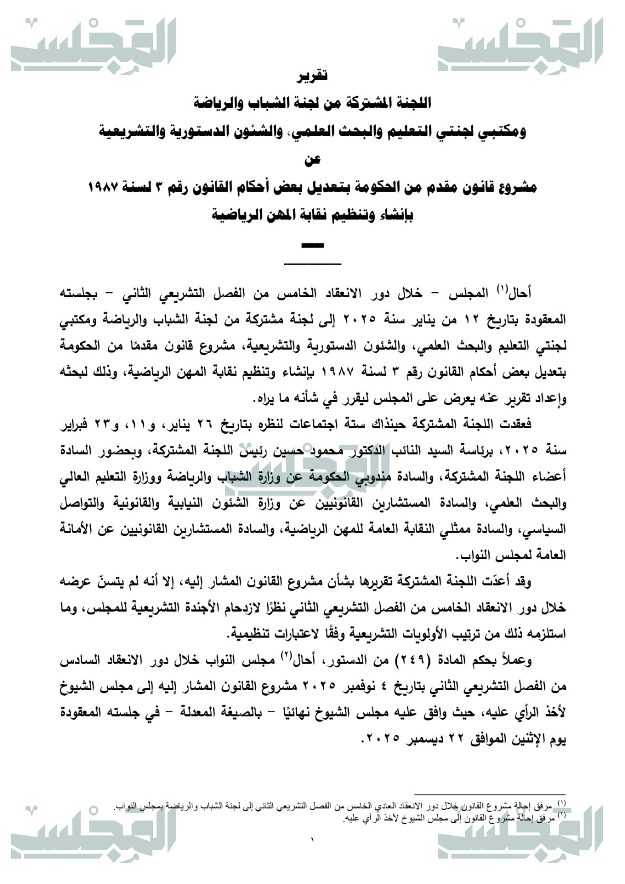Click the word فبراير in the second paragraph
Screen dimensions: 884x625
[74, 425]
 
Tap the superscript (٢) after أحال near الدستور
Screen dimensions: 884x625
[286, 656]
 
